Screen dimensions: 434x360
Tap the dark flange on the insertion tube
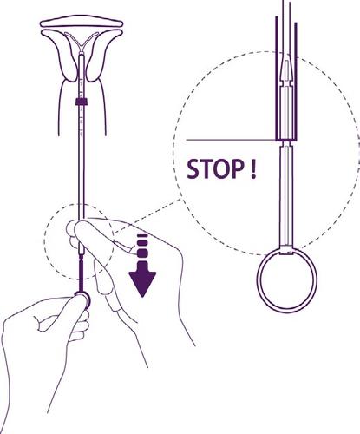80,102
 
